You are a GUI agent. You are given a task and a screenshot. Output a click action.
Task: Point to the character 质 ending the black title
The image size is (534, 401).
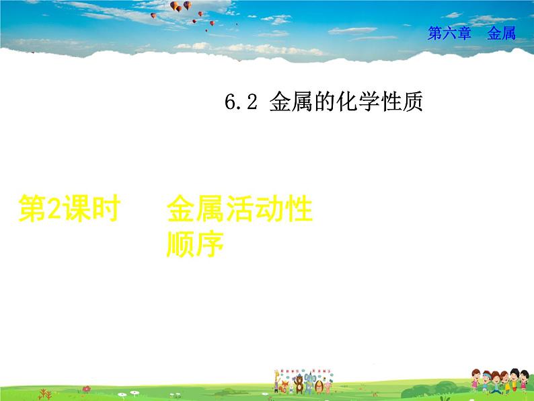[412, 102]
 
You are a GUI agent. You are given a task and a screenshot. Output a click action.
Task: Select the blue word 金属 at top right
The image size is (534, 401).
[502, 34]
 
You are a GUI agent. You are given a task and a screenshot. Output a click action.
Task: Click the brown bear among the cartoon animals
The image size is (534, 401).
[298, 386]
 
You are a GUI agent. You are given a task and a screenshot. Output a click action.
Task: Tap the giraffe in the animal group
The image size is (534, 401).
[277, 380]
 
